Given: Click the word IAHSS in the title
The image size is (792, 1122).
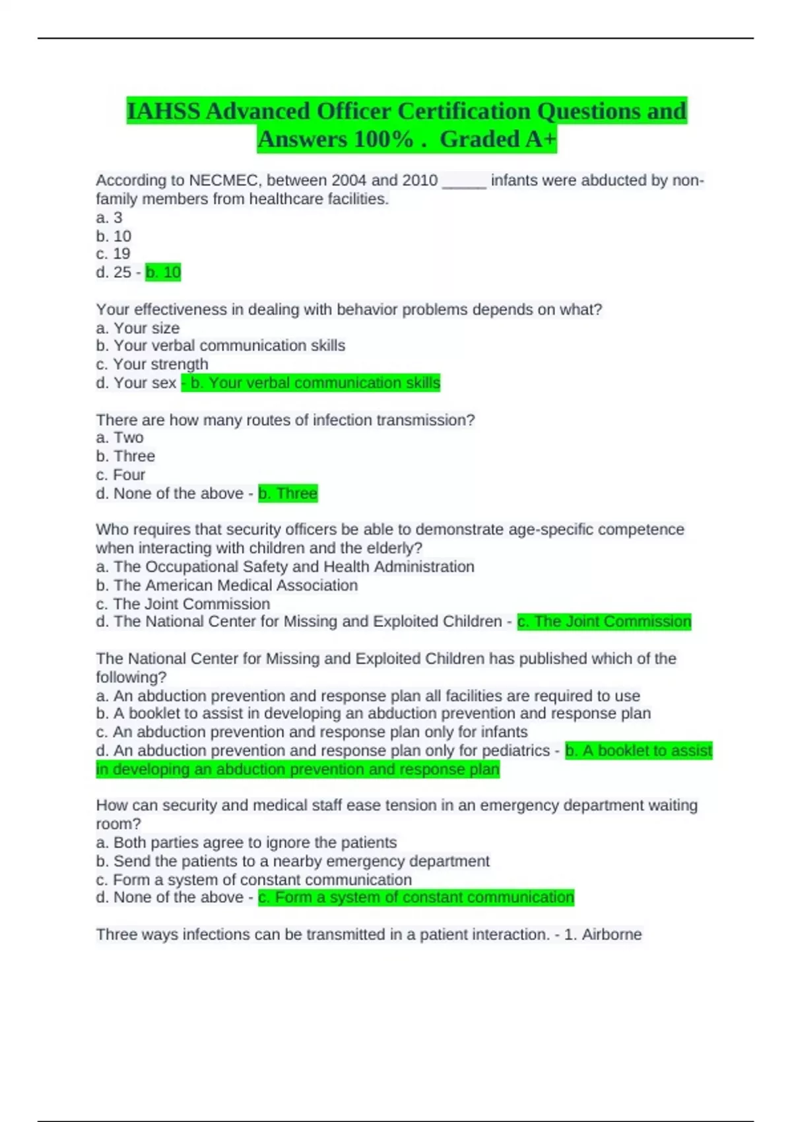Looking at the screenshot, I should tap(163, 111).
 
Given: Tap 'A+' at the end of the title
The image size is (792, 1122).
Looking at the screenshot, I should tap(541, 139).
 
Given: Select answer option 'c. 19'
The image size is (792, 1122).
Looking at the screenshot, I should tap(113, 253).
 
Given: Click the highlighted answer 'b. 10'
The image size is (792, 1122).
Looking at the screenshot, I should tap(163, 272).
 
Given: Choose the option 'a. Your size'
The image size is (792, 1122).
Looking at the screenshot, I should tap(137, 328).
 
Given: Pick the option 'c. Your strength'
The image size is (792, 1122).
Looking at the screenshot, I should tap(152, 364).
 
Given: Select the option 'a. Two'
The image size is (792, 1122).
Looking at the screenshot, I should tap(119, 438).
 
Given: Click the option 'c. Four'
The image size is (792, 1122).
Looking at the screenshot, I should tap(120, 475).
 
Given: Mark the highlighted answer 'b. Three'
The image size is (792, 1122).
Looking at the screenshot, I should tap(288, 493).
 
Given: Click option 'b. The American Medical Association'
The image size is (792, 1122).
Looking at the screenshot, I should tap(226, 585).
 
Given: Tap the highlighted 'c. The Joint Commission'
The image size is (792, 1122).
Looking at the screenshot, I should tap(604, 622).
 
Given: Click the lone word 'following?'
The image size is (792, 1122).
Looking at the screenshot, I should tap(131, 677).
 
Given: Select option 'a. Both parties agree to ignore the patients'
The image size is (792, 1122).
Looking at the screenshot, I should tap(246, 842).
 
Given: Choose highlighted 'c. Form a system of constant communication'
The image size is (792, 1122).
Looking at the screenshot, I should tap(416, 898).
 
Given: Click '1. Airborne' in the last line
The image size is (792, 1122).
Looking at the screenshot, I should tap(603, 935).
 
